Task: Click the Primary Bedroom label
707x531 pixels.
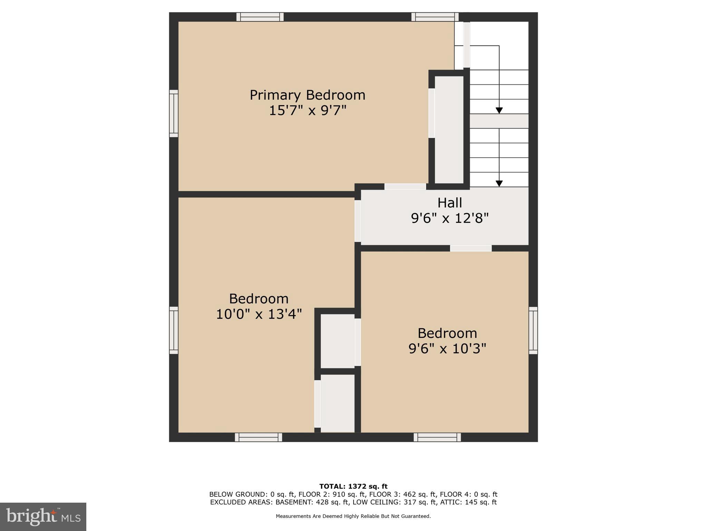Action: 307,95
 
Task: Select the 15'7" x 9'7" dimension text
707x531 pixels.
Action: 307,111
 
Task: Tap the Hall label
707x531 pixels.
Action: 449,203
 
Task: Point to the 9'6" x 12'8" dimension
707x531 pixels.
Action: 449,218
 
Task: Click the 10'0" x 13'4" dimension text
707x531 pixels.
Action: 259,314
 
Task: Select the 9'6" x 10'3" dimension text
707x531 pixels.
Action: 447,348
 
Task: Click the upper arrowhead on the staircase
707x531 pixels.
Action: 499,110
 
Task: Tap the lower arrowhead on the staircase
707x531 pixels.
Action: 499,184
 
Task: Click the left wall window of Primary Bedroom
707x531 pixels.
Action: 174,113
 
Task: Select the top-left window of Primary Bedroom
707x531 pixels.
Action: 260,17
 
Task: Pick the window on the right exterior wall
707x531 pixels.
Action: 533,330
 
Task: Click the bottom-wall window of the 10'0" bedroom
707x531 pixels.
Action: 258,437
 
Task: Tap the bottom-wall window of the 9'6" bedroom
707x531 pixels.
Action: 437,437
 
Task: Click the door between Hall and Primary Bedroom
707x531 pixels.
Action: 405,187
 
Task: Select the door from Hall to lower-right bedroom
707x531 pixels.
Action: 471,248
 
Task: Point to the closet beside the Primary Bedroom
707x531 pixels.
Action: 449,130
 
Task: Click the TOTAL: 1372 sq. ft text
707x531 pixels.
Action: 353,486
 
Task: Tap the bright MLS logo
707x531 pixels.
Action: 43,516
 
